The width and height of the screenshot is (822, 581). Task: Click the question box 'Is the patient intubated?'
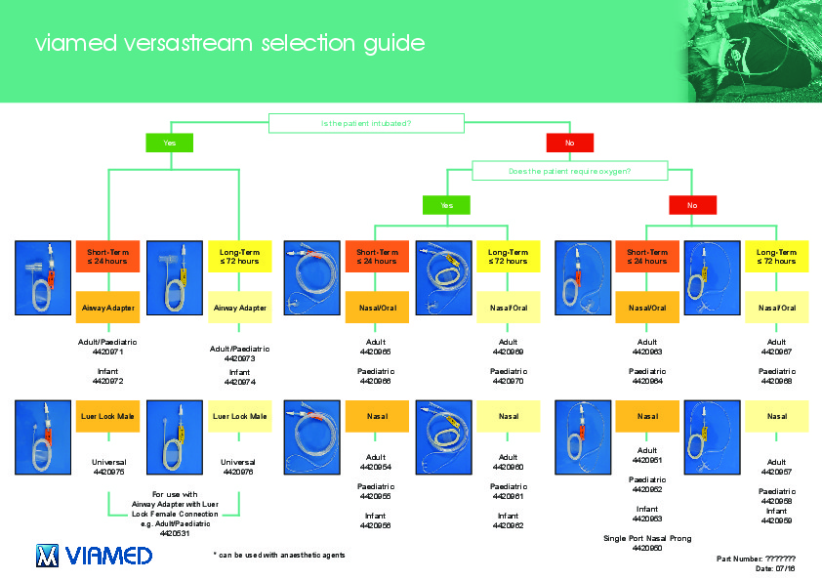[x=365, y=123]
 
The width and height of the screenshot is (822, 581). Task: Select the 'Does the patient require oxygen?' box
[x=569, y=171]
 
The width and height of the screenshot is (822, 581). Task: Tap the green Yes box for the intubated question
[x=170, y=144]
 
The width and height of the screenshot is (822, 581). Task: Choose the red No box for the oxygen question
[x=692, y=205]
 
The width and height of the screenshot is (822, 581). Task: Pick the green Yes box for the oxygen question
[x=446, y=205]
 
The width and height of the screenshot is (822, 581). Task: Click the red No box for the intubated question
[x=569, y=144]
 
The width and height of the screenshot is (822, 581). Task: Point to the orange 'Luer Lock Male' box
[x=107, y=416]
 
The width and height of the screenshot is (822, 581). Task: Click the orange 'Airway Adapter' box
[x=107, y=308]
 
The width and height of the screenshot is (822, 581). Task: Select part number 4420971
[x=107, y=352]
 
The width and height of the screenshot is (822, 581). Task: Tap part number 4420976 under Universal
[x=239, y=472]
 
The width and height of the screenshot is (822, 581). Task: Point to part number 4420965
[x=376, y=352]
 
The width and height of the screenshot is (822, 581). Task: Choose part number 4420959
[x=777, y=520]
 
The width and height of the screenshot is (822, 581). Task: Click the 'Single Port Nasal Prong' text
[x=647, y=538]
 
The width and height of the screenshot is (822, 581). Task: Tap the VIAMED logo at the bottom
[x=94, y=556]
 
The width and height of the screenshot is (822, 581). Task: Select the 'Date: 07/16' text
[x=776, y=567]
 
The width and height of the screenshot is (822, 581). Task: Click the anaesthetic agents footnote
[x=279, y=555]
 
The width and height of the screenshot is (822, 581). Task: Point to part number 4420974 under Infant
[x=239, y=382]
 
